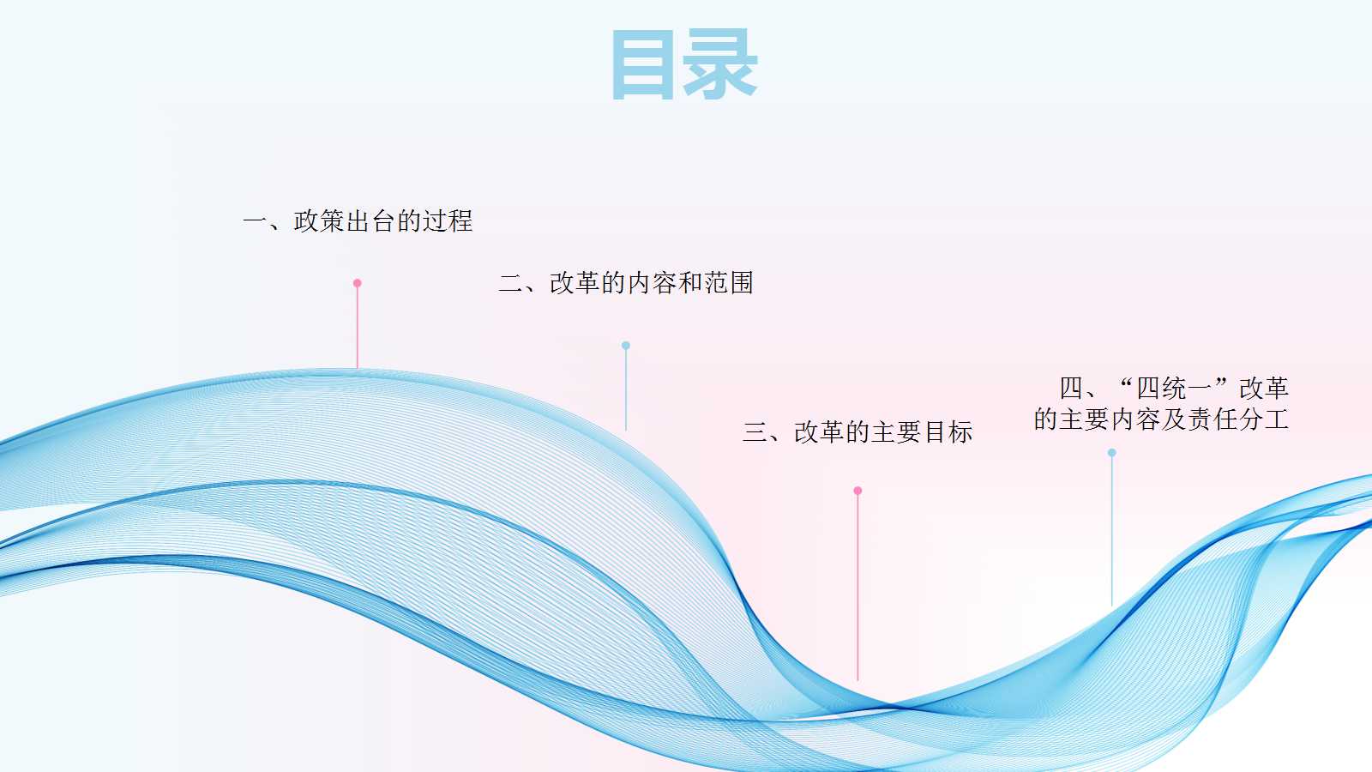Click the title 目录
coord(685,63)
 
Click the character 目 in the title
coord(642,63)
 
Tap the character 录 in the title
coord(720,63)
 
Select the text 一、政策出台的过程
coord(358,221)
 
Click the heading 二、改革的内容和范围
coord(626,283)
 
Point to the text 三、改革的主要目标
coord(857,432)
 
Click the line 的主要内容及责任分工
coord(1161,419)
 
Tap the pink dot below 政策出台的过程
coord(357,283)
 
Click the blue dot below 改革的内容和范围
coord(625,346)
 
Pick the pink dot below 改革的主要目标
coord(857,491)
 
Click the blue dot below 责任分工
coord(1111,453)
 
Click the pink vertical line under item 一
coord(357,328)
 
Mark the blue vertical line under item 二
coord(625,390)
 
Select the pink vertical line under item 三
coord(857,588)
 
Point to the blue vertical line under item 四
coord(1111,531)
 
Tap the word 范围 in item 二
coord(729,283)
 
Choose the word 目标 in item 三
coord(948,432)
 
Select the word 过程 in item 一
coord(448,221)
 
